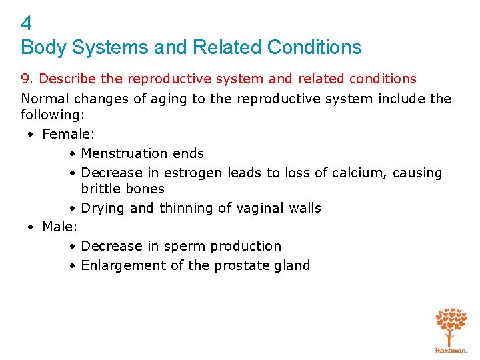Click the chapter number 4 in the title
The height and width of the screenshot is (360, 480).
(x=27, y=24)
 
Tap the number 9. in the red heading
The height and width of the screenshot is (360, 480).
(x=28, y=79)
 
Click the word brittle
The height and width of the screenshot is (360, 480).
(x=101, y=189)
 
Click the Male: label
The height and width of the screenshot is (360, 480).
(x=60, y=227)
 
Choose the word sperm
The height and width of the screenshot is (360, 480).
(x=183, y=247)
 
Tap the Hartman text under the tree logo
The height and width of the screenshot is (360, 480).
(x=451, y=349)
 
